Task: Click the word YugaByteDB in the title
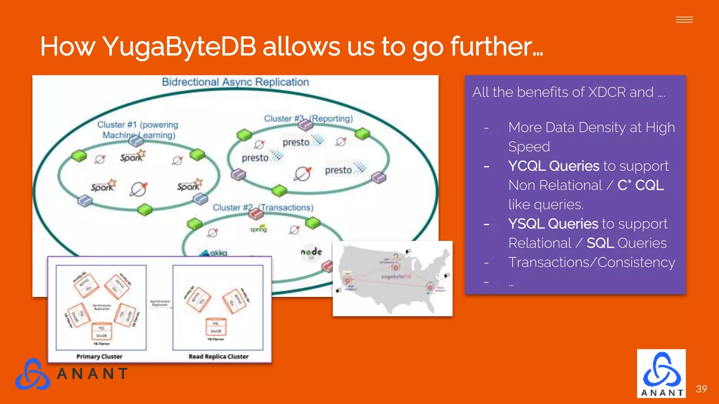(179, 46)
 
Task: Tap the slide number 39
(701, 389)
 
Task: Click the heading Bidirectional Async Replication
(235, 82)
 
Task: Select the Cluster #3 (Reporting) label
(308, 119)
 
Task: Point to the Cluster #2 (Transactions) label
(263, 208)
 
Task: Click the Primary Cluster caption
(99, 356)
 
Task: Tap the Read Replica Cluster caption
(218, 356)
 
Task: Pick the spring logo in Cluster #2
(258, 229)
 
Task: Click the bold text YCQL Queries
(554, 166)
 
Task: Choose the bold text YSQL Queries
(553, 224)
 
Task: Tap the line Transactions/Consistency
(592, 262)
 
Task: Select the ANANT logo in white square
(661, 373)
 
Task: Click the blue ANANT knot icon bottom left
(32, 374)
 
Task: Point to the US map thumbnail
(393, 279)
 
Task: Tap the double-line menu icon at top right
(684, 20)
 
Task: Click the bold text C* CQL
(640, 185)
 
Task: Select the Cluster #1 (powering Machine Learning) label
(138, 130)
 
